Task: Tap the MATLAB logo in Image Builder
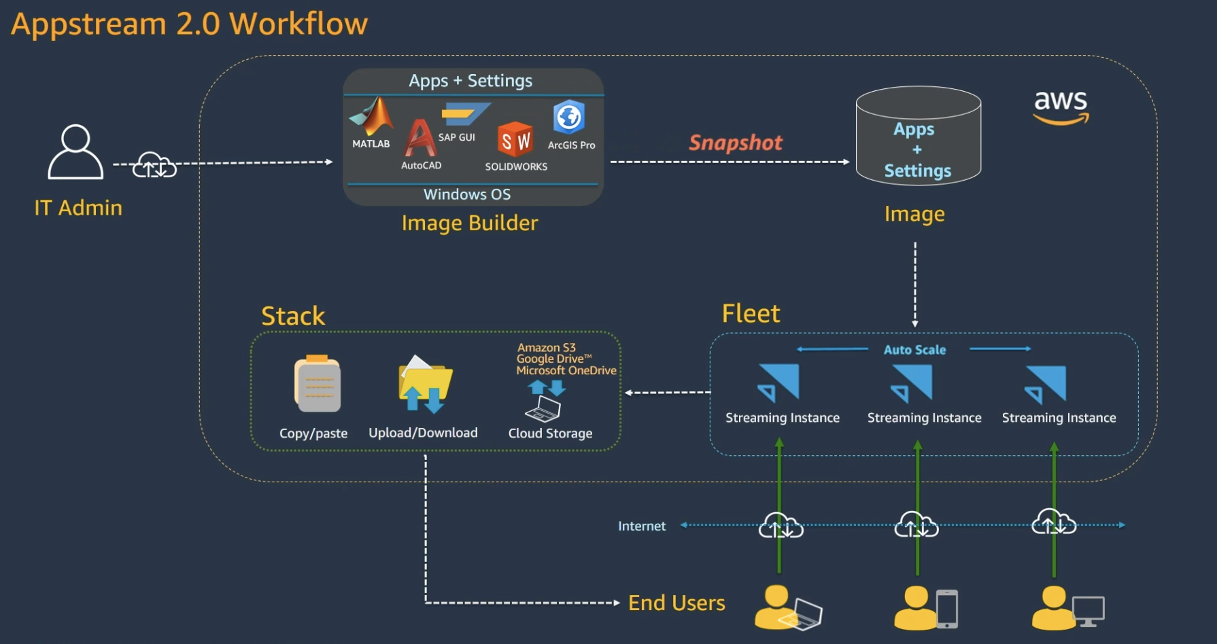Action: [x=372, y=117]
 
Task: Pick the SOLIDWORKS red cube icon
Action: [x=515, y=140]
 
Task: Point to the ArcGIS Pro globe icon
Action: [x=569, y=118]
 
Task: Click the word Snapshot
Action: [x=736, y=143]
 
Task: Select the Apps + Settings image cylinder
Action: [x=918, y=137]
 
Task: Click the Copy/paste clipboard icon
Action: [x=318, y=384]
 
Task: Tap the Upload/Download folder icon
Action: [x=425, y=385]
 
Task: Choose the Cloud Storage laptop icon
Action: [x=543, y=408]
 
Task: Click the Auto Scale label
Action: [x=914, y=350]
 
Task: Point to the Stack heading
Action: [x=293, y=316]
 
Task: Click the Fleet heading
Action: [x=751, y=314]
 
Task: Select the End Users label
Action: [x=676, y=603]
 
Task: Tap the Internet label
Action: [x=641, y=526]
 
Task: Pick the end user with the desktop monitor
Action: [x=1067, y=607]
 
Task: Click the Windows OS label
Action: [x=467, y=194]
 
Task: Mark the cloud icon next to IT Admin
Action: [x=154, y=165]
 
